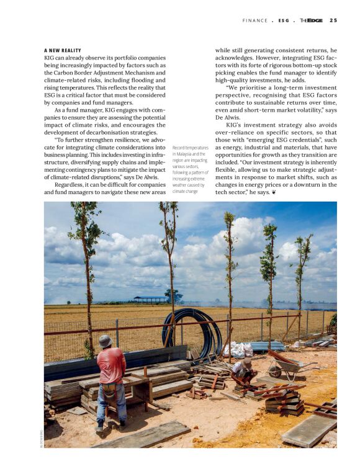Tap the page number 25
coord(333,20)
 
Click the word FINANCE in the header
coord(255,20)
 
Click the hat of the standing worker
coord(106,341)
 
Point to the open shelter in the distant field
coord(151,299)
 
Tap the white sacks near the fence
coord(237,350)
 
